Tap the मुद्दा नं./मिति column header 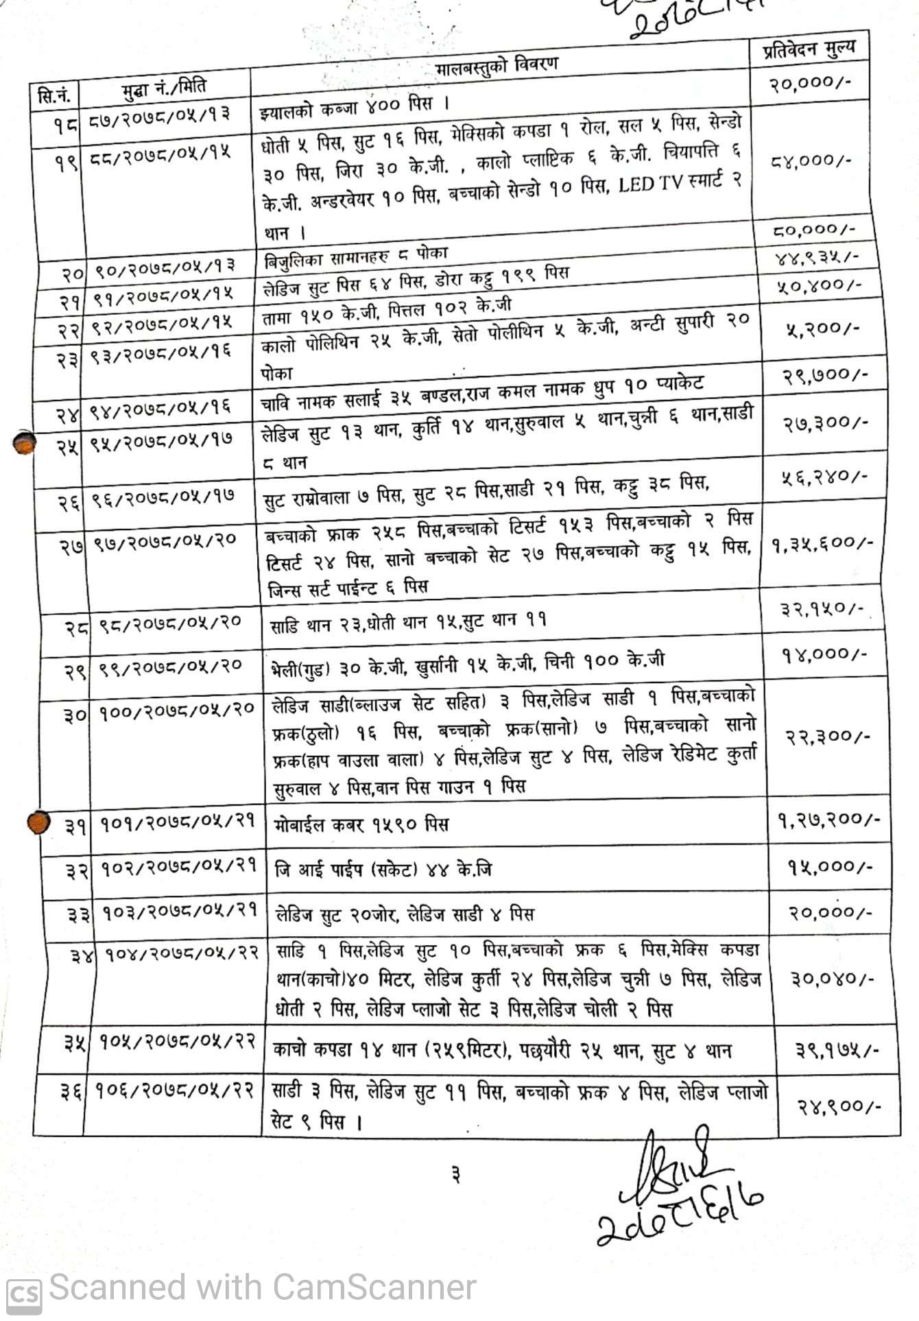165,88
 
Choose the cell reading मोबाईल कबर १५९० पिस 361,824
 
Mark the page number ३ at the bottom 456,1175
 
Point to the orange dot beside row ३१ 39,822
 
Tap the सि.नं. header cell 54,95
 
